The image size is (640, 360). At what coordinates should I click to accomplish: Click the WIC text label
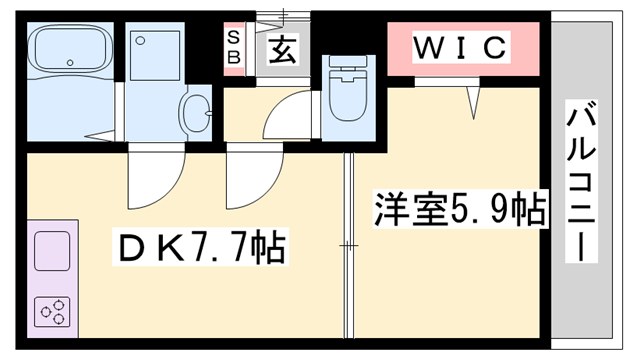(x=462, y=46)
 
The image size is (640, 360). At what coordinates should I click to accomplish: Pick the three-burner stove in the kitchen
(x=53, y=312)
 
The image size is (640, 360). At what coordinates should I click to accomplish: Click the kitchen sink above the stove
(x=52, y=250)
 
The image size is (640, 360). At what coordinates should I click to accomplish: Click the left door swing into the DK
(x=150, y=175)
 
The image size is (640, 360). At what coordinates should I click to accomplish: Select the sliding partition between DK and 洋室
(x=348, y=245)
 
